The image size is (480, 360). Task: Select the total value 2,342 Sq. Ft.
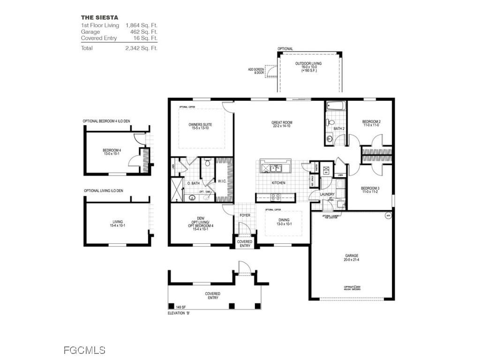tap(141, 48)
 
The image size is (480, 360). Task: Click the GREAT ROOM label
tap(281, 123)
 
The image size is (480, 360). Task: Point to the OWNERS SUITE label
tap(200, 125)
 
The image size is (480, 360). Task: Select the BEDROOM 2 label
tap(371, 122)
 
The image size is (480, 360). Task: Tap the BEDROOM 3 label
tap(370, 188)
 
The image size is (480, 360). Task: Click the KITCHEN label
tap(278, 183)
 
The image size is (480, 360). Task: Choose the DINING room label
tap(284, 220)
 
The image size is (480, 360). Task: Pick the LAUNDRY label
tap(327, 194)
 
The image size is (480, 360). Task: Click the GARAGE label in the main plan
tap(352, 256)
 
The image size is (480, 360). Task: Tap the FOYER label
tap(245, 216)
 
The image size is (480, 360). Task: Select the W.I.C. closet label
tap(222, 181)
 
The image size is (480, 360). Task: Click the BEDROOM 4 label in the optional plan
tap(112, 151)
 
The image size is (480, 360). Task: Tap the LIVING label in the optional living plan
tap(117, 223)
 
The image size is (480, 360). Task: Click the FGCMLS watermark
tap(84, 350)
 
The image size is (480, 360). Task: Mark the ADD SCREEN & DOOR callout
tap(255, 71)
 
